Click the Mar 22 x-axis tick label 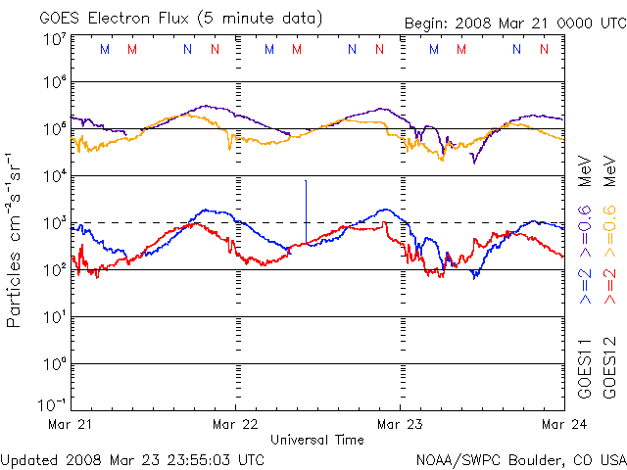tap(236, 423)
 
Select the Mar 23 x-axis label tap(400, 423)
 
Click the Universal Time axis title tap(317, 440)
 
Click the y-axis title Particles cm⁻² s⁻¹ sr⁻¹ tap(17, 239)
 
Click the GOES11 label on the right tap(585, 372)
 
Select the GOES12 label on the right tap(608, 372)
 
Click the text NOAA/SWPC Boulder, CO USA tap(520, 458)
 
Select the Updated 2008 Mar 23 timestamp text tap(132, 458)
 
